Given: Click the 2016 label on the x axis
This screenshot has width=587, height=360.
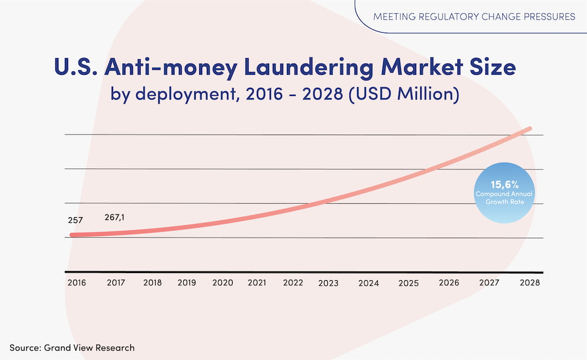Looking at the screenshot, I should tap(76, 282).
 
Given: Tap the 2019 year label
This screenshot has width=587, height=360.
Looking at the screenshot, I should tap(187, 282).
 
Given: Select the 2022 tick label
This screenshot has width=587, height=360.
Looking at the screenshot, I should tap(293, 282).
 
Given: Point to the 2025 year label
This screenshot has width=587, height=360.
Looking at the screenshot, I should tap(408, 283).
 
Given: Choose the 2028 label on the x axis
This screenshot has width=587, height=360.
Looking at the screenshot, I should tap(529, 282).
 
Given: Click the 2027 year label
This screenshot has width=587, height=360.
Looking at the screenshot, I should tap(490, 282).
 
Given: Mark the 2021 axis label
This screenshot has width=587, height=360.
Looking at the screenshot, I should tap(257, 282).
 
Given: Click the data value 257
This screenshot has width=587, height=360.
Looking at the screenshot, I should tap(75, 220).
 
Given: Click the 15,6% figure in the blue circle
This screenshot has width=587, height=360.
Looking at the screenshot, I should tap(504, 184).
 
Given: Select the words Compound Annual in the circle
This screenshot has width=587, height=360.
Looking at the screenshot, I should tap(504, 194).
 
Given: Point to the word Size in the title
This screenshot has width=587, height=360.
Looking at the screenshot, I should tap(491, 68).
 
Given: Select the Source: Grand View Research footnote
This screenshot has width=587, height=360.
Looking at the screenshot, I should tap(72, 348).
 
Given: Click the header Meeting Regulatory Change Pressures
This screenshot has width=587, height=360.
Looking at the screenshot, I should tap(474, 17).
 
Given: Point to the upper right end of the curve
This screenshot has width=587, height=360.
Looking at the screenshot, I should tap(529, 129).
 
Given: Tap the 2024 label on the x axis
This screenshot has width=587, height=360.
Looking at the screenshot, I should tap(368, 283).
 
